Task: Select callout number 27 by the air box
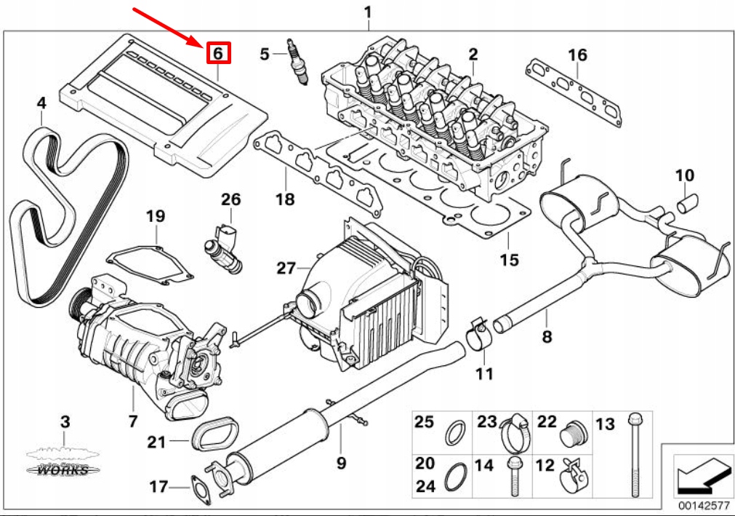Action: [286, 268]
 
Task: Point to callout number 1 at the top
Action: [367, 12]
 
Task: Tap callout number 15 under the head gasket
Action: [510, 259]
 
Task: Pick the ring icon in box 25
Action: [456, 432]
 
